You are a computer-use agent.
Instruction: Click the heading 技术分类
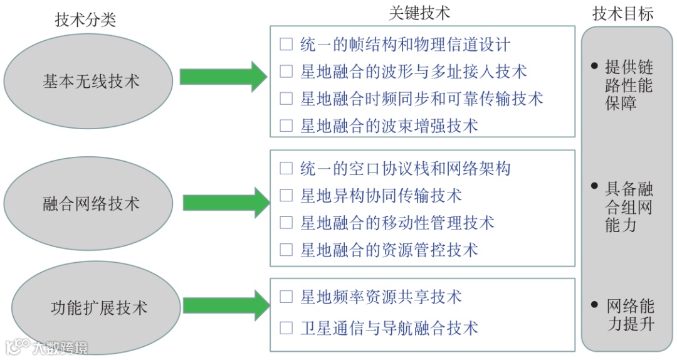pyautogui.click(x=86, y=20)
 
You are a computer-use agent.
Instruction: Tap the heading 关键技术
pyautogui.click(x=419, y=13)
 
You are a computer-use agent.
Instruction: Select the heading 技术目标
pyautogui.click(x=623, y=14)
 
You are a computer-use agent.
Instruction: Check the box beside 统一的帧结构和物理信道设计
pyautogui.click(x=286, y=45)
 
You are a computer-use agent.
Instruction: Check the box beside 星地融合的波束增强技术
pyautogui.click(x=286, y=125)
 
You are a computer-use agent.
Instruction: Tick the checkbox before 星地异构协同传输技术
pyautogui.click(x=286, y=195)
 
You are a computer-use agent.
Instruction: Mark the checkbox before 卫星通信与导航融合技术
pyautogui.click(x=286, y=327)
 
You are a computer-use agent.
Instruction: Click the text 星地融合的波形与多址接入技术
pyautogui.click(x=414, y=71)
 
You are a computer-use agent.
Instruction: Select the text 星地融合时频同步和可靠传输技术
pyautogui.click(x=422, y=98)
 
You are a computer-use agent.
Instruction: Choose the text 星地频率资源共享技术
pyautogui.click(x=381, y=296)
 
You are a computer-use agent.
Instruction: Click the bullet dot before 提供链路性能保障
pyautogui.click(x=594, y=65)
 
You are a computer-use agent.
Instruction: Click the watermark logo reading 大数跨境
pyautogui.click(x=46, y=347)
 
